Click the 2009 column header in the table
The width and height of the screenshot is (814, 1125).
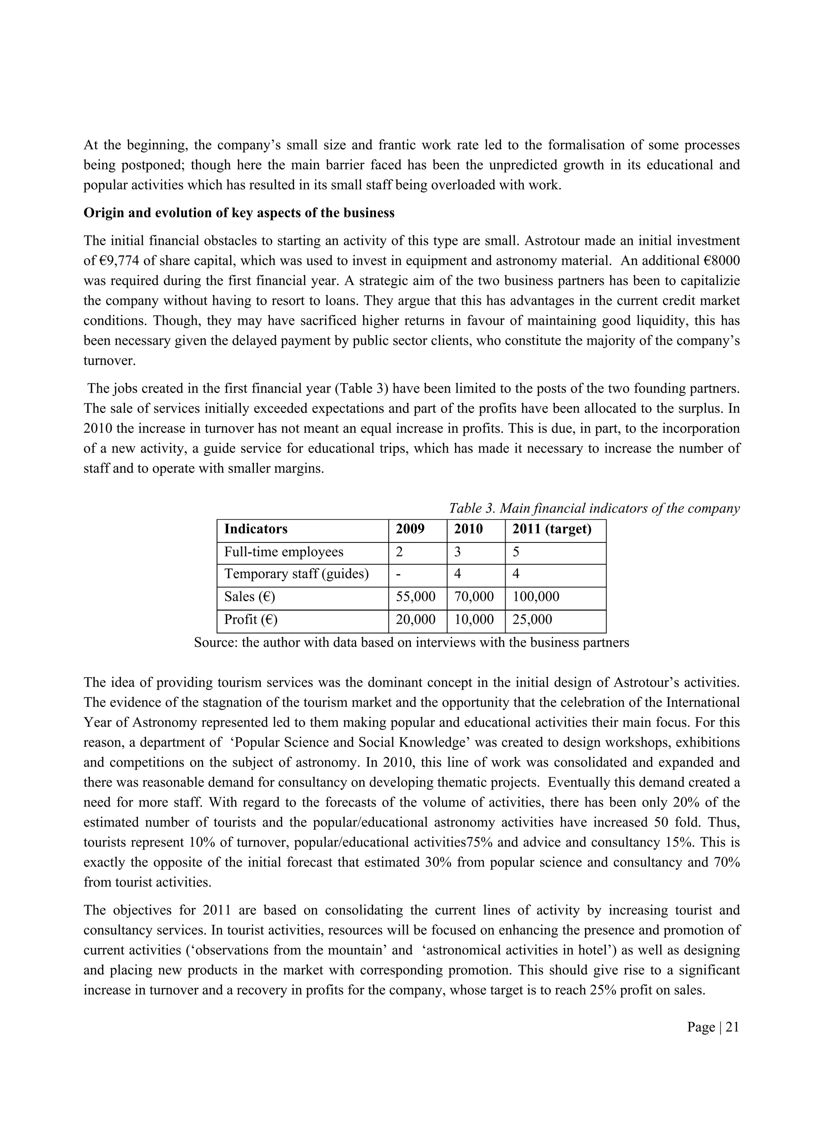point(410,529)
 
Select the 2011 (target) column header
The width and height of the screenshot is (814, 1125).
point(552,529)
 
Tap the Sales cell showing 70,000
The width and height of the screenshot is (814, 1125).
point(474,596)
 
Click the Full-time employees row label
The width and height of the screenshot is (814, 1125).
point(283,552)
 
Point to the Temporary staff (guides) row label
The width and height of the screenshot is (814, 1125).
point(296,574)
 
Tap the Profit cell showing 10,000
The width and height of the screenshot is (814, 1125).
point(474,619)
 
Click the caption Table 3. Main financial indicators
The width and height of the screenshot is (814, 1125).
point(594,508)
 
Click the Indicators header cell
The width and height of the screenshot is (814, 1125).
point(256,529)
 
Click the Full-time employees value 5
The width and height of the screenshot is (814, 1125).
point(516,552)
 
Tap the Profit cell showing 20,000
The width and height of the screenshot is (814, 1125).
point(416,619)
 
